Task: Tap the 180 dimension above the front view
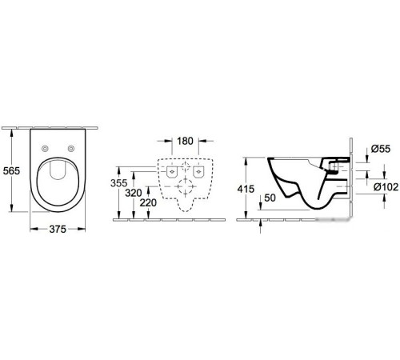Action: [185, 142]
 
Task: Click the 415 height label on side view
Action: [247, 189]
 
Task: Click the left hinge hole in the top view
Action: [45, 148]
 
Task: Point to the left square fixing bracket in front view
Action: [170, 172]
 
